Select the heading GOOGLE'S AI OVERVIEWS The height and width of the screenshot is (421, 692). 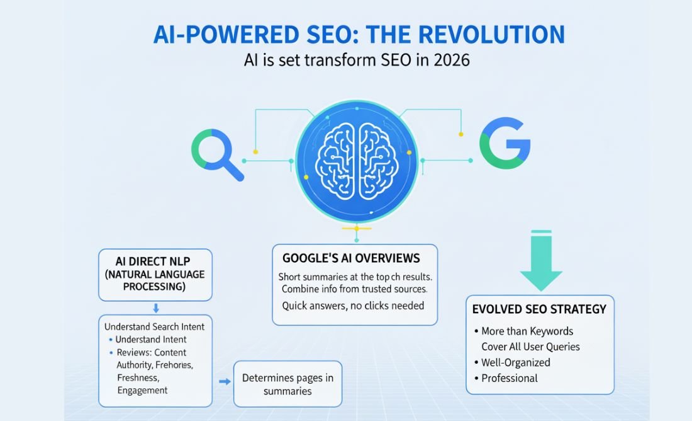[x=351, y=258]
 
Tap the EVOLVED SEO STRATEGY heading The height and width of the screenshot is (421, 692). [x=539, y=309]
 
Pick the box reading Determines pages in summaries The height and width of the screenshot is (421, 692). [x=287, y=384]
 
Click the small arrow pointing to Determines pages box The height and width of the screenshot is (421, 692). [x=223, y=381]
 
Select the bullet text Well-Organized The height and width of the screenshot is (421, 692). [x=516, y=362]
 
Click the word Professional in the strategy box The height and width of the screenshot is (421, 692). [x=510, y=378]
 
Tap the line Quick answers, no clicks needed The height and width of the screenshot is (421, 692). [x=353, y=306]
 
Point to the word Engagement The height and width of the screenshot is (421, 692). [x=142, y=390]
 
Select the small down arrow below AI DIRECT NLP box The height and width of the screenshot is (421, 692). [x=155, y=309]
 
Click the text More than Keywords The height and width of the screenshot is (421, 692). [x=527, y=331]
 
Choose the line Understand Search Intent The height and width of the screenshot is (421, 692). [x=155, y=327]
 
